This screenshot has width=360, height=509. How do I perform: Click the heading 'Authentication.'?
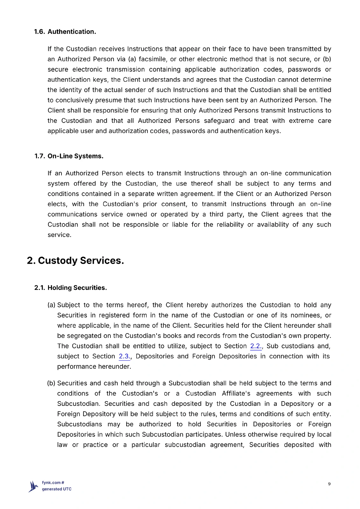pyautogui.click(x=72, y=32)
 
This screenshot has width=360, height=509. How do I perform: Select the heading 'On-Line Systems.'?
pyautogui.click(x=75, y=156)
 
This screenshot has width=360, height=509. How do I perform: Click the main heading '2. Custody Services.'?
pyautogui.click(x=75, y=261)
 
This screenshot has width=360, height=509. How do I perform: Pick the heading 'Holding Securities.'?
pyautogui.click(x=77, y=288)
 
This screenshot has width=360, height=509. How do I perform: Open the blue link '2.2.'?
pyautogui.click(x=256, y=346)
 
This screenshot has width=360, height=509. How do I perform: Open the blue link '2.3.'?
pyautogui.click(x=124, y=356)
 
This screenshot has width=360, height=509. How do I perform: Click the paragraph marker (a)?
pyautogui.click(x=52, y=305)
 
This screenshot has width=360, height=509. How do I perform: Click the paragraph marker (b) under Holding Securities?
pyautogui.click(x=51, y=383)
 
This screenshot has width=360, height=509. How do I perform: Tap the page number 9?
pyautogui.click(x=329, y=484)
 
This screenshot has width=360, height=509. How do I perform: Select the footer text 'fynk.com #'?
pyautogui.click(x=53, y=483)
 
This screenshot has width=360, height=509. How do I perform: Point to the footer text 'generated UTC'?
pyautogui.click(x=57, y=489)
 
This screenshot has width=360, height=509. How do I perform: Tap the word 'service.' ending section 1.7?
pyautogui.click(x=60, y=235)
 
